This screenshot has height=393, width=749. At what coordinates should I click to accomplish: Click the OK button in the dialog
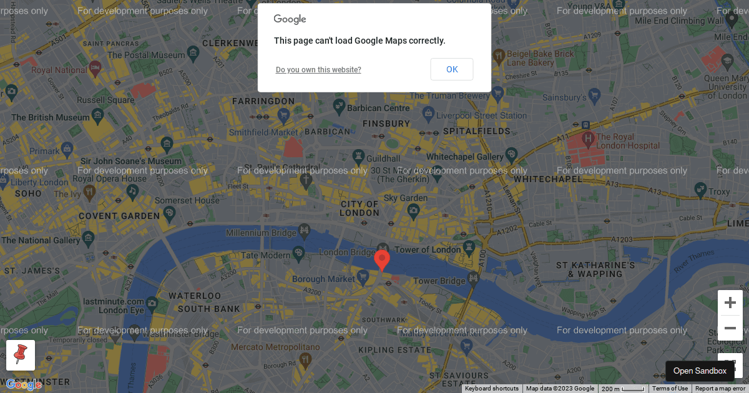coord(451,69)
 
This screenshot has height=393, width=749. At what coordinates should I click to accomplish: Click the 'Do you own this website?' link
coord(318,70)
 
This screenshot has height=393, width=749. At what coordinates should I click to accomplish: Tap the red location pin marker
coord(382,259)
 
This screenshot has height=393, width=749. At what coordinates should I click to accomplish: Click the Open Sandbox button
coord(700,371)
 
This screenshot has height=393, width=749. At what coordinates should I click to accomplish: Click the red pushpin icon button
coord(21,356)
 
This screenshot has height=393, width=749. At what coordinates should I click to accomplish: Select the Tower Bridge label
coord(439,281)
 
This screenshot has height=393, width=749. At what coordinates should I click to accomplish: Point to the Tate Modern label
coord(265,255)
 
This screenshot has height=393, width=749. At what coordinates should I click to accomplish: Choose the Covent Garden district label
coord(119,216)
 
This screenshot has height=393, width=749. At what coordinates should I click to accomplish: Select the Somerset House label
coord(187,201)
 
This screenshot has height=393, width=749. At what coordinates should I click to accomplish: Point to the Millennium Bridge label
coord(261,233)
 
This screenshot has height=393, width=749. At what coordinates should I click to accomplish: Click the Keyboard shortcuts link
coord(492,389)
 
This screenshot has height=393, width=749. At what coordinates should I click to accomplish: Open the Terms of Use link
coord(670,389)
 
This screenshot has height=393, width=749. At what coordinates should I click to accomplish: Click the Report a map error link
coord(720,389)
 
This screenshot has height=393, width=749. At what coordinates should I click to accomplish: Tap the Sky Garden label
coord(406,198)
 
